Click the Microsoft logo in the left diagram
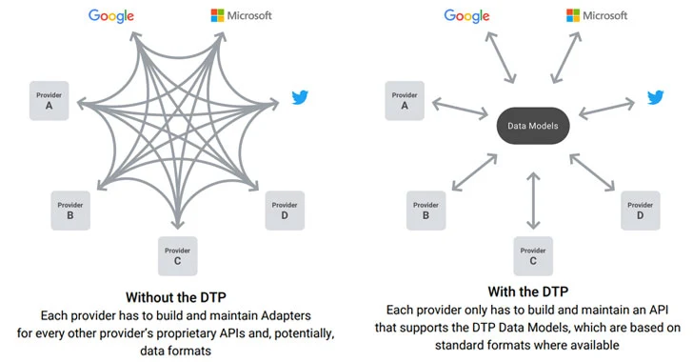[x=241, y=15]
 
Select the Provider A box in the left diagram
[x=49, y=101]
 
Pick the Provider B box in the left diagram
[x=70, y=210]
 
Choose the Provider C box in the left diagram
[x=177, y=254]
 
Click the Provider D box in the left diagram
[x=285, y=210]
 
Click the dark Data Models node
[x=533, y=125]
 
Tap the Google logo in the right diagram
[x=467, y=16]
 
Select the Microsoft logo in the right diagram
[x=598, y=15]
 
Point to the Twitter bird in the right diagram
[x=656, y=97]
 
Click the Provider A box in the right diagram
[x=405, y=100]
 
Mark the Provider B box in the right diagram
[x=426, y=210]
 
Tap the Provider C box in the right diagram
[x=533, y=255]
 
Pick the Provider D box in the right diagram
[x=641, y=210]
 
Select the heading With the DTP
[x=532, y=291]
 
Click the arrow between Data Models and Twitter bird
[x=605, y=109]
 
